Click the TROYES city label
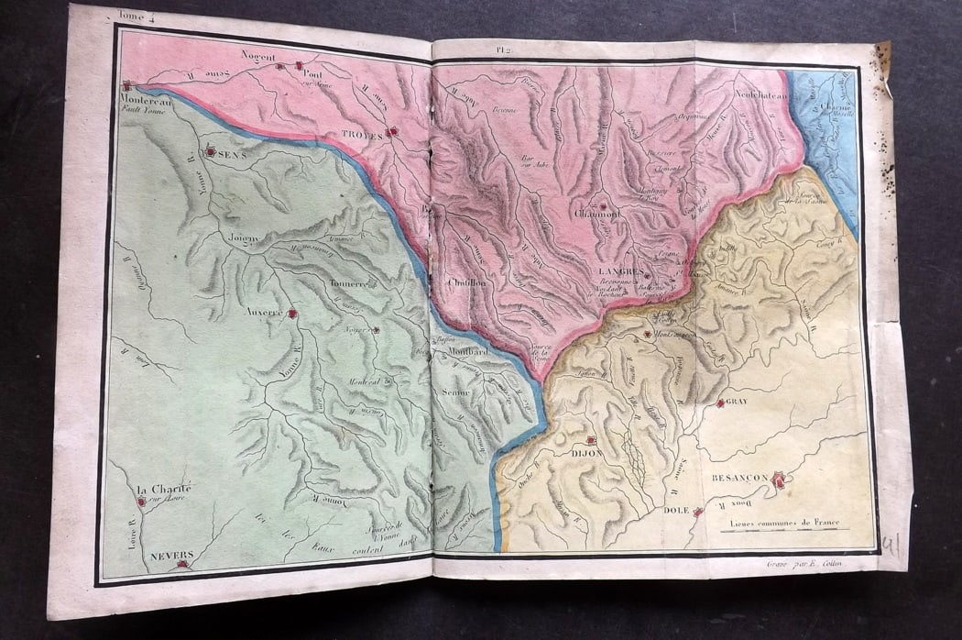coord(359,133)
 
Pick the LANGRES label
coord(618,272)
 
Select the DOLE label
coord(676,510)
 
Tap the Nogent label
coord(257,56)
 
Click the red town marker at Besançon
coord(779,479)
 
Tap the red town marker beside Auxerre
coord(292,314)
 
